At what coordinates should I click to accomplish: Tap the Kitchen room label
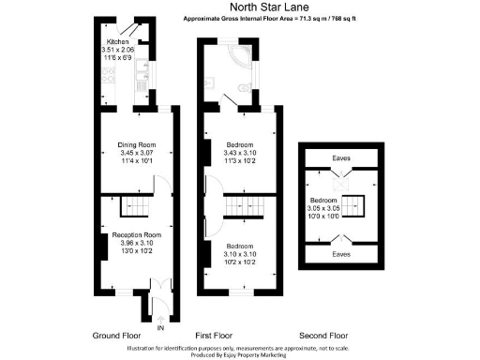click(x=117, y=42)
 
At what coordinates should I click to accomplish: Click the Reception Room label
click(x=138, y=233)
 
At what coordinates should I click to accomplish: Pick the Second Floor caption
click(x=323, y=335)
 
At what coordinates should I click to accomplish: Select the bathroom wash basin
click(x=215, y=81)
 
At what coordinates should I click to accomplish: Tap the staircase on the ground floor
click(x=138, y=205)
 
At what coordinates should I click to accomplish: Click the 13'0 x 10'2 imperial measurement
click(x=138, y=248)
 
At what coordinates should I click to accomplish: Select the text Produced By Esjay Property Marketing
click(x=240, y=355)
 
